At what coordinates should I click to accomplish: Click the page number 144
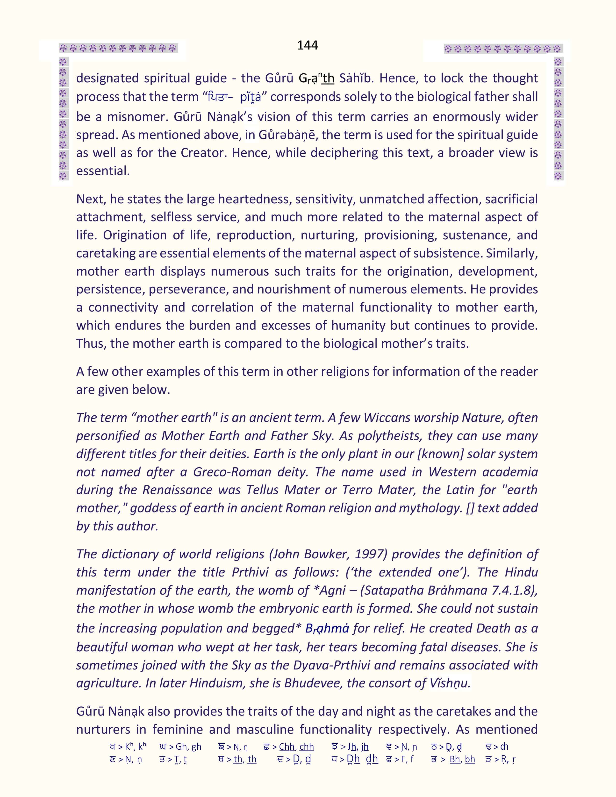(x=307, y=45)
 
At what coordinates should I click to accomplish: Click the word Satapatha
(x=393, y=590)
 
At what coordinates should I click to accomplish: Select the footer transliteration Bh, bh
(x=462, y=759)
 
